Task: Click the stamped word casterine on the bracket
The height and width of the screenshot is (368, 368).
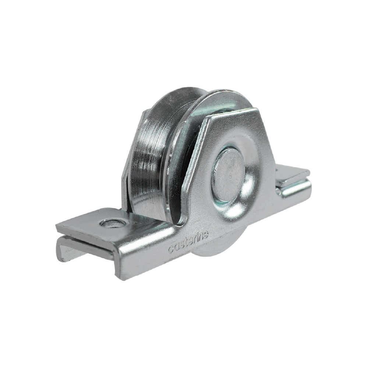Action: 188,243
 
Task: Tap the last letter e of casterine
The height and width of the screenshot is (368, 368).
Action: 205,235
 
